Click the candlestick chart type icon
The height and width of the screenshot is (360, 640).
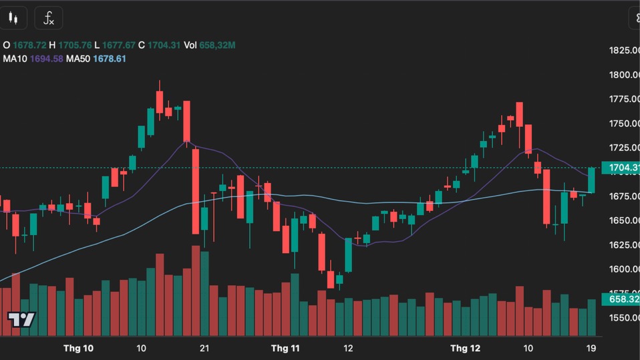(13, 18)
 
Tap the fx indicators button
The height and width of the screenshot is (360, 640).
(48, 18)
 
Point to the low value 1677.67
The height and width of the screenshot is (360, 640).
(119, 45)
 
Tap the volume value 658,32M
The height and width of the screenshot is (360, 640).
(218, 45)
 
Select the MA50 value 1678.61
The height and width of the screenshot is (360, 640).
(110, 59)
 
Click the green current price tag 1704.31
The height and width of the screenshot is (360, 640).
(621, 168)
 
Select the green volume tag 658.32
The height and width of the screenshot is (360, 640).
(621, 299)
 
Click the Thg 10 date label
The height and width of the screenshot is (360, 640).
(78, 349)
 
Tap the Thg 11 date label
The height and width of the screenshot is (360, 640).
(285, 349)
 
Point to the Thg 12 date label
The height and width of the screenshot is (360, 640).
(466, 349)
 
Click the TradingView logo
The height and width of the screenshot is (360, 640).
(21, 319)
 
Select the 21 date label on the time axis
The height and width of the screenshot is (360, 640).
(205, 349)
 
